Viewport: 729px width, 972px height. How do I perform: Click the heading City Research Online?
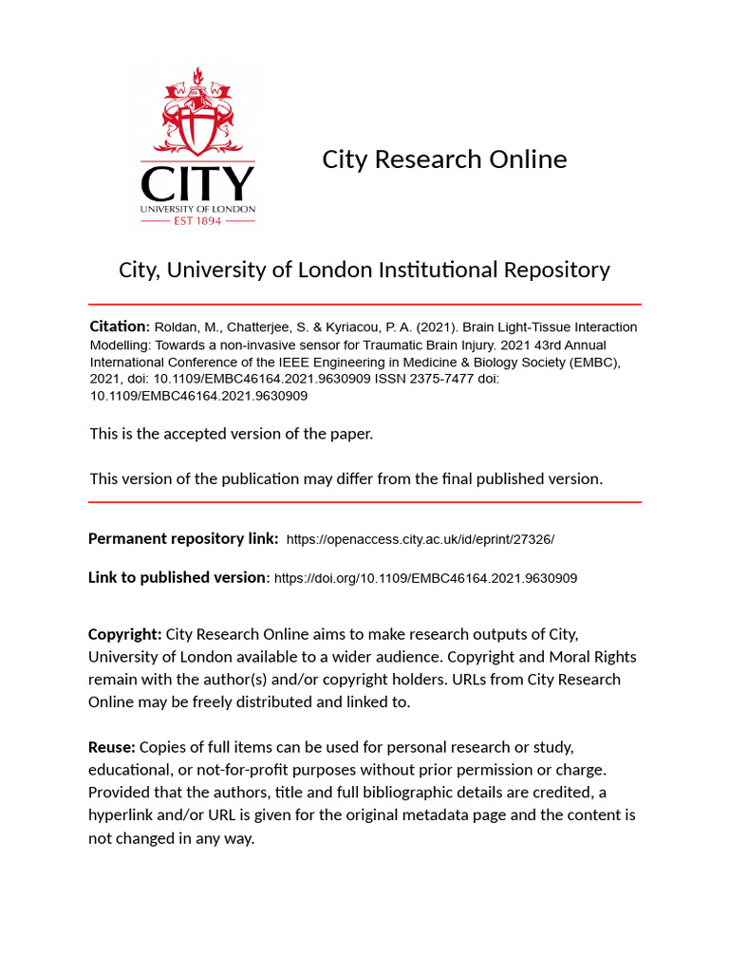coord(444,159)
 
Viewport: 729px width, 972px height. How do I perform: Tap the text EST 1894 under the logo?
coord(197,220)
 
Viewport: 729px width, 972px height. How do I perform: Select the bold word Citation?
coord(118,326)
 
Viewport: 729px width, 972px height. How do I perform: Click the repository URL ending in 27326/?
coord(420,539)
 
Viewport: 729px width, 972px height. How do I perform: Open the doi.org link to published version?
coord(425,577)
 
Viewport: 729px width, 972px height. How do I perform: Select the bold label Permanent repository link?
coord(182,538)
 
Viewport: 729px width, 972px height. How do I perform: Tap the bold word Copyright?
coord(124,633)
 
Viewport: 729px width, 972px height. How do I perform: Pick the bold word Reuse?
coord(111,747)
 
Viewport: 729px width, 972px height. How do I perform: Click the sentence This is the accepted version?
coord(232,434)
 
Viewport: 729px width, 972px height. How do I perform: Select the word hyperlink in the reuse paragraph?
coord(124,815)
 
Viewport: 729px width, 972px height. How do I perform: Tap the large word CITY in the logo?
coord(197,183)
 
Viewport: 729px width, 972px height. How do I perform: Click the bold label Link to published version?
coord(178,577)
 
